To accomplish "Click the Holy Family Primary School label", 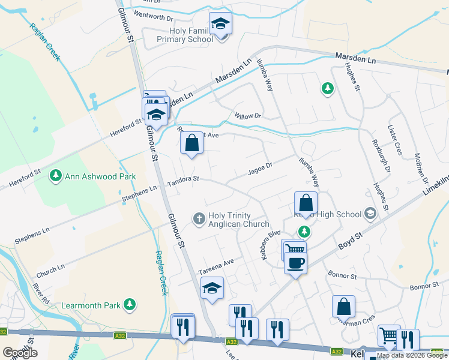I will click(184, 35).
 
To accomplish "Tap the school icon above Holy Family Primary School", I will click(220, 24).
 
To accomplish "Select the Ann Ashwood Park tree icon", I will click(56, 176).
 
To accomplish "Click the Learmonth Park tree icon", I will click(129, 305).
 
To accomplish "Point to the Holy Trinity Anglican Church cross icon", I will click(199, 218).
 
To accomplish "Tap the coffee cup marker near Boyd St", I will click(295, 262).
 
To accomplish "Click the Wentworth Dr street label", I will click(153, 14).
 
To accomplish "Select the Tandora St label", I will click(183, 179).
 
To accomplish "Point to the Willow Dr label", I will click(248, 115).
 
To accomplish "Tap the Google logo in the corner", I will click(20, 353).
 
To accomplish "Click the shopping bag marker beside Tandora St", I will click(191, 143).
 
